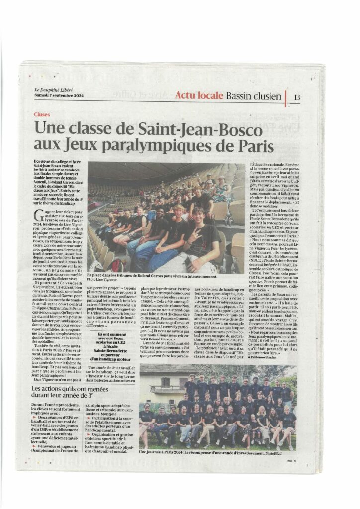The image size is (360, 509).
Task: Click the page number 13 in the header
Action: [297, 97]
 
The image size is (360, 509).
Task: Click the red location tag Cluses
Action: [42, 114]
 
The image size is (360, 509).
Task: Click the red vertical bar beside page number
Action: [286, 97]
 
